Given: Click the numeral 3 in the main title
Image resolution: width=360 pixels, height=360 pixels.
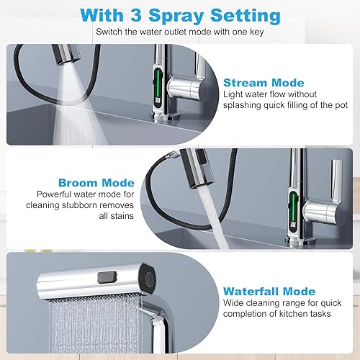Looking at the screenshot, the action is [x=137, y=16].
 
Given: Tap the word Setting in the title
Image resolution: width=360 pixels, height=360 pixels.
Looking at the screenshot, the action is [x=246, y=17].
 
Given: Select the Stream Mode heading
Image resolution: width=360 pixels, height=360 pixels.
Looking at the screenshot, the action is [x=264, y=83].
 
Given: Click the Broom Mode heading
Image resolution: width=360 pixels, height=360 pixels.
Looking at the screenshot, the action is [x=96, y=183].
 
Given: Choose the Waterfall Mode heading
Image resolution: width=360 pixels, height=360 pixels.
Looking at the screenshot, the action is [x=269, y=292].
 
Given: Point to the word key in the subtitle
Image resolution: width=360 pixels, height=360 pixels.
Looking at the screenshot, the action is [x=256, y=32].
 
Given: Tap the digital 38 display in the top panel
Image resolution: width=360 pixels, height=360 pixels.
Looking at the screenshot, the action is [x=158, y=100].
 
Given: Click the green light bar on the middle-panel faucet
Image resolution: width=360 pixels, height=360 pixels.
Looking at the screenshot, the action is [x=293, y=205].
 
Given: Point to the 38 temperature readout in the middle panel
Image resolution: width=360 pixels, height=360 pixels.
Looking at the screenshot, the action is [x=293, y=225].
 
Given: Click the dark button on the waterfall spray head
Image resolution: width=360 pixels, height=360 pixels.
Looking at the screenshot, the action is [x=107, y=277].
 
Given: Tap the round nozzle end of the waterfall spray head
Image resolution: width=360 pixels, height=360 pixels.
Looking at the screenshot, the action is [x=148, y=279].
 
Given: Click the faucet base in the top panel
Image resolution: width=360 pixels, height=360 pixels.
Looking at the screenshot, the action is [x=165, y=117].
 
